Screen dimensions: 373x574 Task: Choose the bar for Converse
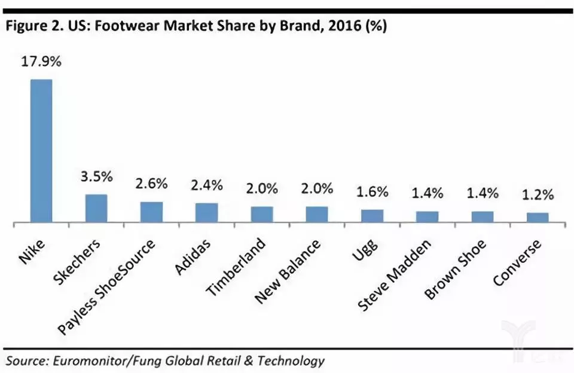tap(538, 218)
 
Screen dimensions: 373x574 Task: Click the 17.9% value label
tap(41, 62)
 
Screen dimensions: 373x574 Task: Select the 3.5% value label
tap(96, 178)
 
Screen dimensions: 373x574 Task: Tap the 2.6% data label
tap(151, 185)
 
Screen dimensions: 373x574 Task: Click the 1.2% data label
tap(538, 195)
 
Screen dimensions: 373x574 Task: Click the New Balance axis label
tap(288, 270)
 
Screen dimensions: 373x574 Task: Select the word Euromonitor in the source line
tap(80, 360)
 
